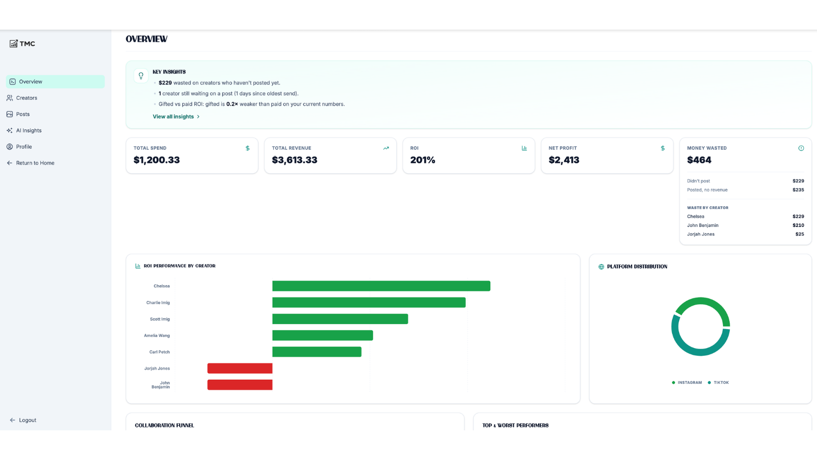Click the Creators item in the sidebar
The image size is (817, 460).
22,98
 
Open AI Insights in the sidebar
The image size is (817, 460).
24,130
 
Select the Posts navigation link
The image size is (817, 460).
18,114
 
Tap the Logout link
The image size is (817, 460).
23,420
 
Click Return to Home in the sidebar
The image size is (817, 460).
30,163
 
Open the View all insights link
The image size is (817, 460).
176,117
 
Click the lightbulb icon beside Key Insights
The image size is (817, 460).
141,76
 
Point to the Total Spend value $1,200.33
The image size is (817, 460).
156,160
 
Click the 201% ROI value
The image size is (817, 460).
422,160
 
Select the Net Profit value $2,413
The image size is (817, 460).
564,160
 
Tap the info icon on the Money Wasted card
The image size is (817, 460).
801,148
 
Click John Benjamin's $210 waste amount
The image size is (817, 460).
798,225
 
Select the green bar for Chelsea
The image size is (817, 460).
381,286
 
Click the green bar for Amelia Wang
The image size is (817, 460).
322,335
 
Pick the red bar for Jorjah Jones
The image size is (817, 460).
240,369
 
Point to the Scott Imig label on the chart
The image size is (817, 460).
160,319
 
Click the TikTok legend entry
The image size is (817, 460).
718,383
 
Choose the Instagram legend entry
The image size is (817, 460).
686,383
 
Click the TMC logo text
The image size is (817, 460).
28,44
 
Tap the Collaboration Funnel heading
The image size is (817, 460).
164,425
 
